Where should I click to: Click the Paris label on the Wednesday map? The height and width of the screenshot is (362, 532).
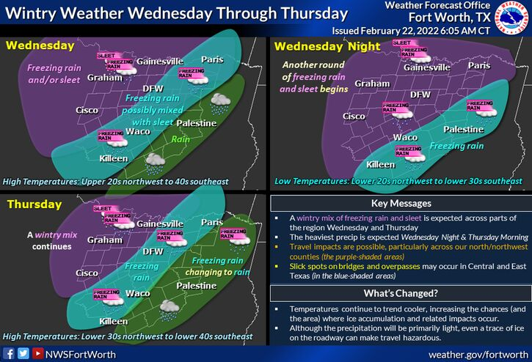212,60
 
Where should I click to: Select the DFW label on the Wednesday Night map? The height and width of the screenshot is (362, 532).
420,95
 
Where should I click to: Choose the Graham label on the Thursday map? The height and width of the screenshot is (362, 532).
104,240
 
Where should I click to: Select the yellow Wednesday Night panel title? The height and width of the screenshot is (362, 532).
326,47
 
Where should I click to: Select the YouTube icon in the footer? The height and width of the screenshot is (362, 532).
36,354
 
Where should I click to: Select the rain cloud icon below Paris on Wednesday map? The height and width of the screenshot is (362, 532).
219,103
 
